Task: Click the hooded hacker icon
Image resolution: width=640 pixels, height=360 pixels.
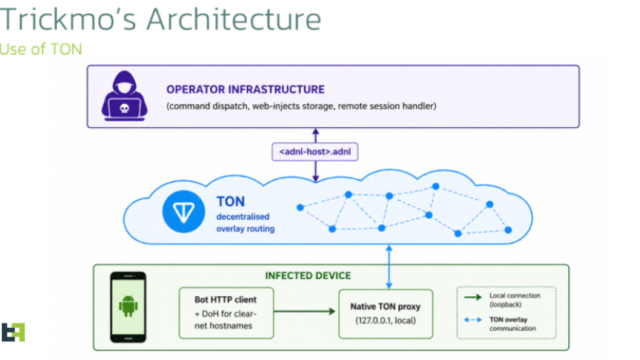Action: tap(124, 96)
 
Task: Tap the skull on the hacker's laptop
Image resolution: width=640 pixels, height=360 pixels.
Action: tap(124, 108)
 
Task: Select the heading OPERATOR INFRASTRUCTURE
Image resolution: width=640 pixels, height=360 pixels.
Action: tap(245, 89)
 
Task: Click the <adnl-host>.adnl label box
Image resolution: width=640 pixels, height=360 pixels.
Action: tap(315, 152)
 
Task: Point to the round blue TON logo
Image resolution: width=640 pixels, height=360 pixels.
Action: tap(184, 212)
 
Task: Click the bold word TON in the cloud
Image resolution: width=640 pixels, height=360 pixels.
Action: tap(231, 202)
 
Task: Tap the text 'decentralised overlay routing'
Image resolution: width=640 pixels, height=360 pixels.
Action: tap(245, 223)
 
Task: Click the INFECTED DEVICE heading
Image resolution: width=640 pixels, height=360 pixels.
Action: tap(308, 276)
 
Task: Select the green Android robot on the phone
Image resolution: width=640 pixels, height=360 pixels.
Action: tap(128, 305)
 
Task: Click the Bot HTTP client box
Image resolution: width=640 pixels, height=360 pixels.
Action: tap(226, 313)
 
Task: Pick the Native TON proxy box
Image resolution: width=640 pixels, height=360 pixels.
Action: tap(385, 314)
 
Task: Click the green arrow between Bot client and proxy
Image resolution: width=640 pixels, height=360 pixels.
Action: tap(304, 312)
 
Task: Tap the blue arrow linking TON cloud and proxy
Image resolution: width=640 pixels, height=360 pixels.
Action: tap(389, 267)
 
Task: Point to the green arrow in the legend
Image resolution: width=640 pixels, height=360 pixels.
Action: tap(473, 297)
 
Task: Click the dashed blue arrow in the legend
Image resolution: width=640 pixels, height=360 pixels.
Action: tap(473, 319)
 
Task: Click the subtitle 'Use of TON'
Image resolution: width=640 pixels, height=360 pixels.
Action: tap(41, 49)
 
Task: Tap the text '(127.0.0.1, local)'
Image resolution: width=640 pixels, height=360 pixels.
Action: tap(385, 321)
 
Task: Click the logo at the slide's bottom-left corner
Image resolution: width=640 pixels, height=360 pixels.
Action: tap(13, 332)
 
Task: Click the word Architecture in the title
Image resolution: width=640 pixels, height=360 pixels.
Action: tap(234, 19)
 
